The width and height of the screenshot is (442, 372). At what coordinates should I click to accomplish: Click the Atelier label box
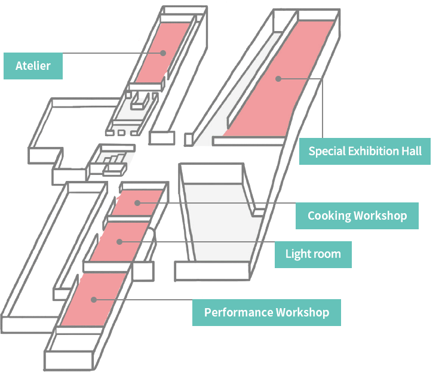[x=33, y=66]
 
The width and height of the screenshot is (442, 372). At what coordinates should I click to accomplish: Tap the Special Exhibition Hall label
[x=364, y=151]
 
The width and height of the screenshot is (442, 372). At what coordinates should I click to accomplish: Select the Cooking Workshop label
[x=357, y=216]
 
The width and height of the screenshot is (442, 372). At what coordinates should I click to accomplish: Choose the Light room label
[x=313, y=254]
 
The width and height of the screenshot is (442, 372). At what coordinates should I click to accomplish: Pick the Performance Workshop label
[x=266, y=312]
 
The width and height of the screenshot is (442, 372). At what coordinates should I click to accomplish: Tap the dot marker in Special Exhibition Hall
[x=278, y=78]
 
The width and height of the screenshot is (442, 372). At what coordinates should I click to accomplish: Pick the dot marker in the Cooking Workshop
[x=137, y=203]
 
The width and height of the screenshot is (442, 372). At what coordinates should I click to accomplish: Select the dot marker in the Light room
[x=119, y=242]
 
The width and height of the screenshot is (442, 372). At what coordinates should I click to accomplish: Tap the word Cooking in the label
[x=329, y=216]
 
